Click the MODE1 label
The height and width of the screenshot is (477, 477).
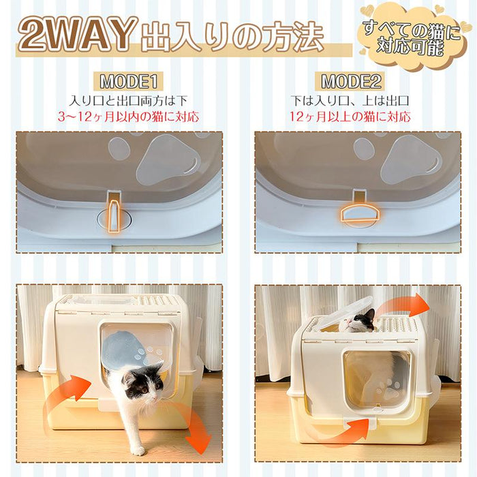(x=129, y=81)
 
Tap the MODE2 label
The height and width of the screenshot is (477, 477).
(x=351, y=81)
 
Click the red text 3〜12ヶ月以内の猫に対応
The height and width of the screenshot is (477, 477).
(x=129, y=117)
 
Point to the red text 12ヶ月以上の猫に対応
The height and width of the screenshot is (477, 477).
(x=350, y=117)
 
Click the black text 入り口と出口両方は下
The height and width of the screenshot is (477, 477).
(x=128, y=101)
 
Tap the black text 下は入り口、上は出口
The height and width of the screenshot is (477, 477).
(x=350, y=101)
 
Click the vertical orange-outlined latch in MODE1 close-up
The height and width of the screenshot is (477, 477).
(x=114, y=217)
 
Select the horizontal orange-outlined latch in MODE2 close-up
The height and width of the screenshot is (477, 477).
(x=359, y=215)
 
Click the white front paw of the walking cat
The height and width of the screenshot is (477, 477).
(x=138, y=451)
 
